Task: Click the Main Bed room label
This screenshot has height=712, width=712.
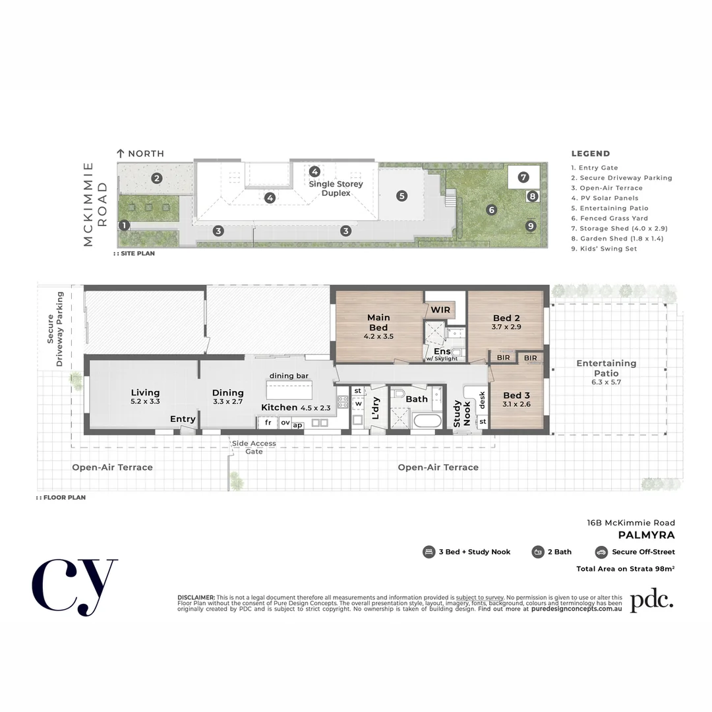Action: [378, 322]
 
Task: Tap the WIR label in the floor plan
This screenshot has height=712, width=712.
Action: [440, 309]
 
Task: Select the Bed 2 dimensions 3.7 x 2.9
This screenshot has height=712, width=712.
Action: [506, 327]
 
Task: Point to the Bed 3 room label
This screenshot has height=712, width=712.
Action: [516, 396]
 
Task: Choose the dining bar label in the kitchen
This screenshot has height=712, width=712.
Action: [289, 376]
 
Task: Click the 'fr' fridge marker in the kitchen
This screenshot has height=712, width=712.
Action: [268, 423]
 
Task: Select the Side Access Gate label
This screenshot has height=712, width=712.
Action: [254, 447]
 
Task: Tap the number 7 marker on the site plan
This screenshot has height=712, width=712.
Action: [523, 177]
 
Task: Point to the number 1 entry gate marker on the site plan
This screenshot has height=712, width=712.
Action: [124, 225]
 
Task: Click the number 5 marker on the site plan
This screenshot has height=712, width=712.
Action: [401, 195]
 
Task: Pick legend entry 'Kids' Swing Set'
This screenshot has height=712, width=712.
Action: [604, 249]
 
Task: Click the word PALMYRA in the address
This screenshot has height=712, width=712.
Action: [646, 535]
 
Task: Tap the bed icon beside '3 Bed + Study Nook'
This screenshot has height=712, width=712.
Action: [429, 552]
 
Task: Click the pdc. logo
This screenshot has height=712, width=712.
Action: [651, 601]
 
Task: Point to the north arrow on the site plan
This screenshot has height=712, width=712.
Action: [121, 153]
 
